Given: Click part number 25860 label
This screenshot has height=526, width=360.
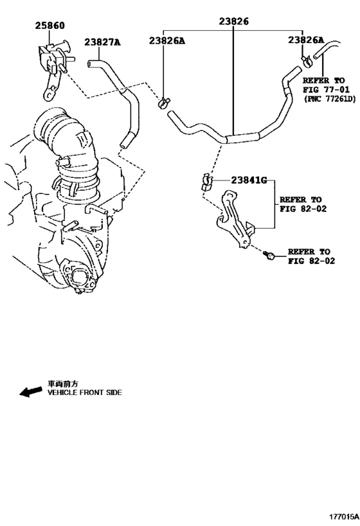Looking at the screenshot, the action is point(50,26).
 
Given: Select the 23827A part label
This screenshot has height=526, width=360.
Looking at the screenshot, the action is point(102,42).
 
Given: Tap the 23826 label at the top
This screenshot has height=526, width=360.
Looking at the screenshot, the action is point(234,21).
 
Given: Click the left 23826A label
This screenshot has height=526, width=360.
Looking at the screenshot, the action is point(167,40).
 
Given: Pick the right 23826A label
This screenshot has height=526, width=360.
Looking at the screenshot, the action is point(306,40).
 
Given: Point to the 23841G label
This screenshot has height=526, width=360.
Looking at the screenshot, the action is point(249,180).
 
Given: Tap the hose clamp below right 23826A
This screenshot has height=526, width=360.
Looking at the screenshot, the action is point(307,61).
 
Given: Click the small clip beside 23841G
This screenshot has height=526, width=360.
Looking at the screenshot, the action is point(206,182).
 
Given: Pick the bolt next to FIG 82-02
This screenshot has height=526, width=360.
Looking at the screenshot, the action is point(269,255).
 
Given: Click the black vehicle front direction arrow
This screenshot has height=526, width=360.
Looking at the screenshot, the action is point(31,391).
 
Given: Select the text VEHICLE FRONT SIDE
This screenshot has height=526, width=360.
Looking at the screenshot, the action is point(85,392).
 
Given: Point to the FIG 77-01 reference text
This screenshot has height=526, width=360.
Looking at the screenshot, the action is point(326,89).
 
